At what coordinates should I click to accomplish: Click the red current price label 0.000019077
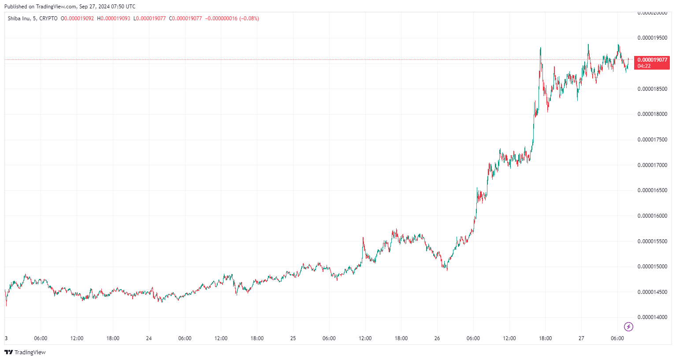[x=652, y=60]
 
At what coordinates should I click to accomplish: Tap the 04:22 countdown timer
[x=644, y=66]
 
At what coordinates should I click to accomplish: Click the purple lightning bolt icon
[x=629, y=327]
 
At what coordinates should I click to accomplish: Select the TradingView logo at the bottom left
[x=25, y=352]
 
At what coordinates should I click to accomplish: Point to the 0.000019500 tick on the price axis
[x=652, y=38]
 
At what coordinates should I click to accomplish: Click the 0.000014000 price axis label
[x=652, y=317]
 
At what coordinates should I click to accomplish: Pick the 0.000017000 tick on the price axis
[x=652, y=165]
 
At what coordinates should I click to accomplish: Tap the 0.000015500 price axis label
[x=652, y=241]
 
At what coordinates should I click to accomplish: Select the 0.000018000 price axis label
[x=652, y=114]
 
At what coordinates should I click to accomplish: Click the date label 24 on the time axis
[x=149, y=338]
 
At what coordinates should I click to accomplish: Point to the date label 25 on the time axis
[x=293, y=338]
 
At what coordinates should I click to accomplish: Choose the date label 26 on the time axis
[x=437, y=338]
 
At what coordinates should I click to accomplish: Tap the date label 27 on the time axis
[x=581, y=338]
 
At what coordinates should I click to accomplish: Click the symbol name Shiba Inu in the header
[x=19, y=19]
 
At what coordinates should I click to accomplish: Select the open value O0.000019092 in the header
[x=77, y=19]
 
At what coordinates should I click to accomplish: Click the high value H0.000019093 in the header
[x=114, y=19]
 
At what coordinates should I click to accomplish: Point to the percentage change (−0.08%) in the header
[x=249, y=19]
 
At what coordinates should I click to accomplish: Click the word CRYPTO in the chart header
[x=48, y=19]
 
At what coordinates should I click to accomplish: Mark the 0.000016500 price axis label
[x=652, y=190]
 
